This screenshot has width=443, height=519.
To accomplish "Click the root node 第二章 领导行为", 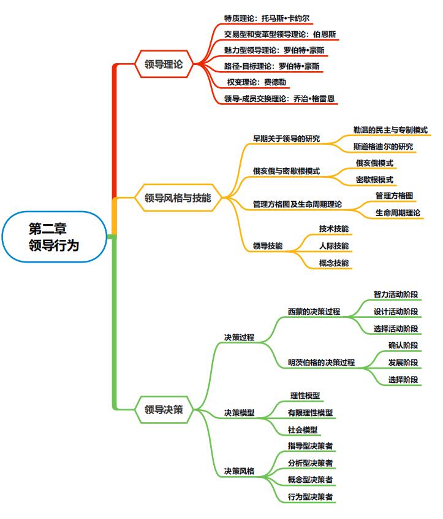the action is tap(54, 237).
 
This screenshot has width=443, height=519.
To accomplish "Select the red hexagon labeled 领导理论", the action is tap(164, 64).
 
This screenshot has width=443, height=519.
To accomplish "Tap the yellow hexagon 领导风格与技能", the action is tap(178, 198).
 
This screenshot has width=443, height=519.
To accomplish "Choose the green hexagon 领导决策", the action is tap(164, 409).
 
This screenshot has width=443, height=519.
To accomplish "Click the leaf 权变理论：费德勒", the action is tap(257, 82).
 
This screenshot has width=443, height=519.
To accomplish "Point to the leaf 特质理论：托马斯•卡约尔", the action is tap(267, 18).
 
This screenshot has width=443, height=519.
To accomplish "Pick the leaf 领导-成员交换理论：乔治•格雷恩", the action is tap(279, 98).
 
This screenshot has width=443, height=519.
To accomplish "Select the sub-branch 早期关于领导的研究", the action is tap(286, 139).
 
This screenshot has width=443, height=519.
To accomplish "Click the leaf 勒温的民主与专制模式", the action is tap(390, 130).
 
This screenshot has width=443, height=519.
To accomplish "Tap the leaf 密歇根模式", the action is tap(374, 179).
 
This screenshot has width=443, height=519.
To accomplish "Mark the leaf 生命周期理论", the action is tap(398, 212).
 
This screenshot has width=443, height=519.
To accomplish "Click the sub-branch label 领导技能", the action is tap(268, 245).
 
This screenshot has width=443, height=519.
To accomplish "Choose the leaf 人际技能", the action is tap(334, 245).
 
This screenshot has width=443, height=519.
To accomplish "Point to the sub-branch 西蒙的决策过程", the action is tap(314, 311).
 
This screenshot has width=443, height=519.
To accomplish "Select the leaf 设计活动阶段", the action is tap(396, 311).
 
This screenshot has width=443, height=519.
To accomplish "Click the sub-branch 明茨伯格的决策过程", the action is tap(321, 362).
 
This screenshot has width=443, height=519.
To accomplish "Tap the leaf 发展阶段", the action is tap(403, 362).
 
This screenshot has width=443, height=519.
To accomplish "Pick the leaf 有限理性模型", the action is tap(310, 412).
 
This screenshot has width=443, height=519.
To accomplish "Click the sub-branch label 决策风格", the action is tap(240, 471).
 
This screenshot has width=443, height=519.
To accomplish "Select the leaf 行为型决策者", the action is tap(310, 496).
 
